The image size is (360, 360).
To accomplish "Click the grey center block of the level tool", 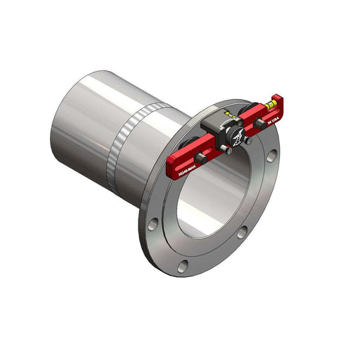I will (214, 129).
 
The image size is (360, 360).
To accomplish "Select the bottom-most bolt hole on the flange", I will (183, 265).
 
